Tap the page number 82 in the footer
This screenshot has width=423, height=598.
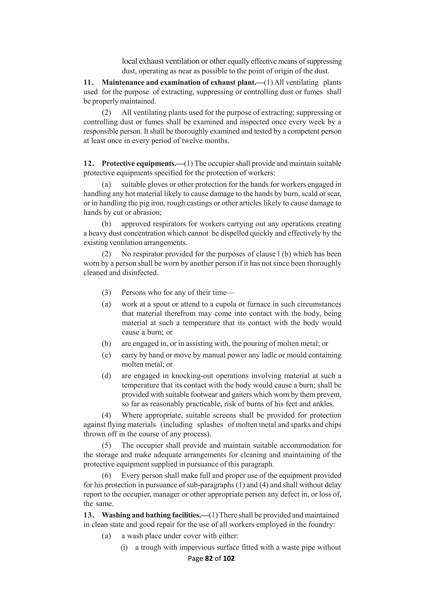209,558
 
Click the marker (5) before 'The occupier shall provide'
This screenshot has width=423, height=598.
106,446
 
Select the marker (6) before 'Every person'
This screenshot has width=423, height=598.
106,476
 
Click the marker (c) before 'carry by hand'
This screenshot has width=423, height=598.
106,355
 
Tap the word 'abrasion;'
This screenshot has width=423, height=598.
147,212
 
